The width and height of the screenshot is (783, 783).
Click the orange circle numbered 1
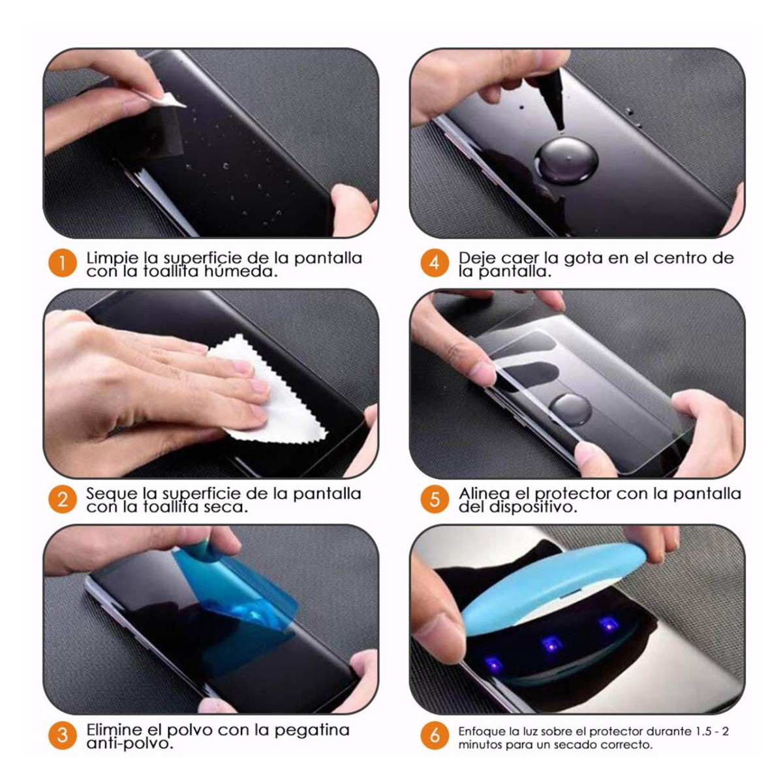point(62,264)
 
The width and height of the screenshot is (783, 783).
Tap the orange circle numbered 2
point(62,500)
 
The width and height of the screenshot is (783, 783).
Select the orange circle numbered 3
point(62,735)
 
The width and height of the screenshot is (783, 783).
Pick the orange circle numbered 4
point(434,264)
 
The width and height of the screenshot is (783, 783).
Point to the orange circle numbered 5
point(434,500)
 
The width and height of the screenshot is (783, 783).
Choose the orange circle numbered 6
point(434,735)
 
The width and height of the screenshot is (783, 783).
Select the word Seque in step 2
point(111,494)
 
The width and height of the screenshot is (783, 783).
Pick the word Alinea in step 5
point(484,494)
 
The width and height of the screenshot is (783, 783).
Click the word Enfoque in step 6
point(480,731)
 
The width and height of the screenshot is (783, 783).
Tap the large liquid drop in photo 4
point(566,159)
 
